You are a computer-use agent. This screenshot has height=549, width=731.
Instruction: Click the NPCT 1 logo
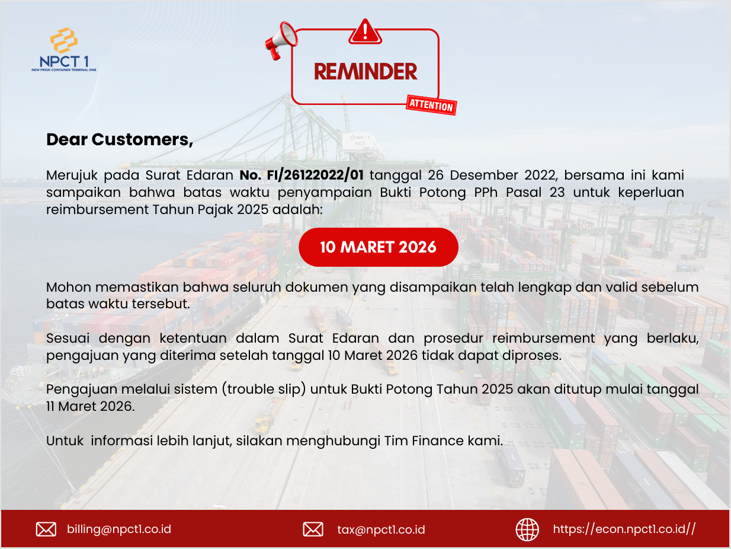pyautogui.click(x=64, y=49)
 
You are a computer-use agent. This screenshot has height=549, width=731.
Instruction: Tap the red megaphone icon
pyautogui.click(x=281, y=41)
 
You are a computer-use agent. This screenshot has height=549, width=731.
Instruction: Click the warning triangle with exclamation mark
pyautogui.click(x=366, y=31)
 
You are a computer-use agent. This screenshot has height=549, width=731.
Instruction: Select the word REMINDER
pyautogui.click(x=366, y=72)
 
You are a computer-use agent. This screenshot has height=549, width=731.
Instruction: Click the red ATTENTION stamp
pyautogui.click(x=431, y=105)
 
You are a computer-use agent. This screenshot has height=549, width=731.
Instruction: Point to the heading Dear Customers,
pyautogui.click(x=120, y=140)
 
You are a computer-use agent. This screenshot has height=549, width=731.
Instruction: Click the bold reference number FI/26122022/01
pyautogui.click(x=315, y=175)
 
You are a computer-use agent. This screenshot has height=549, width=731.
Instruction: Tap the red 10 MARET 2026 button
pyautogui.click(x=379, y=247)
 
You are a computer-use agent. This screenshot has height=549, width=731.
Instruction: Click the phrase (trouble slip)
pyautogui.click(x=264, y=390)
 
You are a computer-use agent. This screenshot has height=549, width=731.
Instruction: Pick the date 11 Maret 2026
pyautogui.click(x=90, y=406)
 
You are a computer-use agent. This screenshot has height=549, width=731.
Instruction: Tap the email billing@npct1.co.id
pyautogui.click(x=119, y=529)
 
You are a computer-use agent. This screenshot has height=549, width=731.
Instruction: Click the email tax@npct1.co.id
pyautogui.click(x=381, y=529)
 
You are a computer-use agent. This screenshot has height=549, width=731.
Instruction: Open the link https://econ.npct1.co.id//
pyautogui.click(x=624, y=529)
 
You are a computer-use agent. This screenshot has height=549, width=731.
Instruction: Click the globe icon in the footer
pyautogui.click(x=527, y=529)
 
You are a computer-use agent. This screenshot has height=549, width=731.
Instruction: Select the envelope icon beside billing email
pyautogui.click(x=46, y=529)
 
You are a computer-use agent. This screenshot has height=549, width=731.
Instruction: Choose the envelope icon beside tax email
pyautogui.click(x=313, y=529)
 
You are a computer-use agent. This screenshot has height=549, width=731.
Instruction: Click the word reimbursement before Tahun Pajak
pyautogui.click(x=98, y=210)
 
